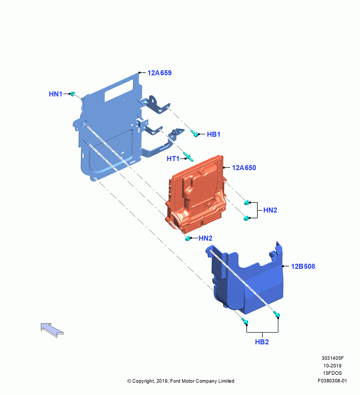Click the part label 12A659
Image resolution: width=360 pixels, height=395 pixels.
(x=159, y=73)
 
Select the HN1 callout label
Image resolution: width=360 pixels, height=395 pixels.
(x=55, y=94)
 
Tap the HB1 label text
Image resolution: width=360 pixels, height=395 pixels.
(x=214, y=134)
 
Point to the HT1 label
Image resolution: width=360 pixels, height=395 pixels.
(x=173, y=159)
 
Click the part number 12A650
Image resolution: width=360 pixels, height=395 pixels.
(x=244, y=168)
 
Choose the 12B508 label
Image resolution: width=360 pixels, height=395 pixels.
(x=303, y=266)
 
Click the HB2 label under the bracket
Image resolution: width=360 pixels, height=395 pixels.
(x=262, y=342)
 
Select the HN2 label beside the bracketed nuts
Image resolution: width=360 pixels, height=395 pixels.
(x=270, y=210)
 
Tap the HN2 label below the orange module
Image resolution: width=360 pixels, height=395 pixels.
(x=205, y=238)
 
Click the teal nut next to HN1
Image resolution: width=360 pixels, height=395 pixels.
(x=73, y=94)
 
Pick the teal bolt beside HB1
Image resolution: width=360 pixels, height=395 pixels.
(x=194, y=133)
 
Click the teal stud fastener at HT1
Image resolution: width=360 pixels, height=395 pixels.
(x=188, y=157)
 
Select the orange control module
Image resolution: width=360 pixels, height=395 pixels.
(x=196, y=194)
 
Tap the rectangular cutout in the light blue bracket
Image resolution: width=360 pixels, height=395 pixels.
(x=118, y=91)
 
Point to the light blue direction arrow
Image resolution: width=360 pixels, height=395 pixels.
(x=52, y=330)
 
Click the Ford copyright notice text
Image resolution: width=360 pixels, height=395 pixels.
(x=181, y=381)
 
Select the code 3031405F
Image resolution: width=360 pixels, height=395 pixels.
(x=332, y=358)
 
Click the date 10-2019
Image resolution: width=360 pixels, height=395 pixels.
(x=332, y=365)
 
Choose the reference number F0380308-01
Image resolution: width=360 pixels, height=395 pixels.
(x=332, y=381)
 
